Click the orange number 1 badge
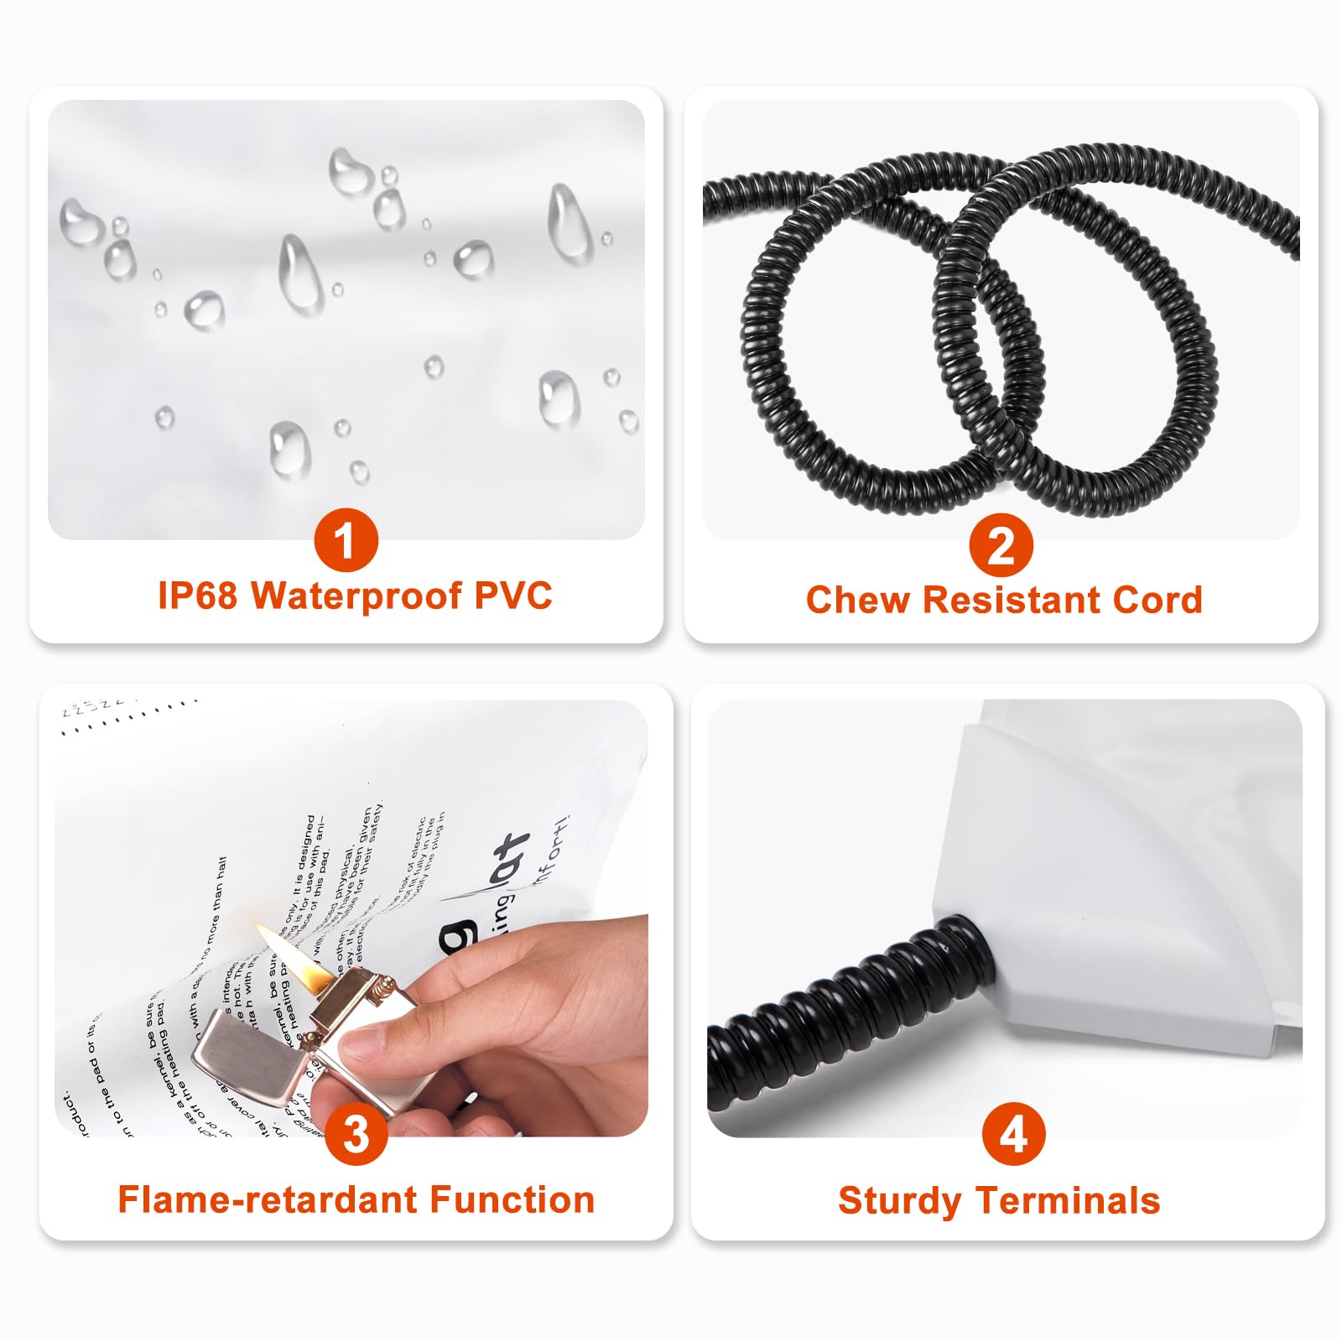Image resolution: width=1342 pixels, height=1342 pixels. (346, 540)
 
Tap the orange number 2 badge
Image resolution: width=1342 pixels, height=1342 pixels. (1001, 546)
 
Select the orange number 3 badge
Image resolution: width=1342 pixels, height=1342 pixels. (356, 1135)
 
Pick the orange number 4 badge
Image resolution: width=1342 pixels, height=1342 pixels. (1013, 1134)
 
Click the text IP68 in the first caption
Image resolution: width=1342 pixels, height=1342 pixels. (197, 596)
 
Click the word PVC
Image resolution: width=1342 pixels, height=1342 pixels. (513, 596)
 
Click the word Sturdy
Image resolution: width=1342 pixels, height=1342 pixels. (899, 1201)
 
